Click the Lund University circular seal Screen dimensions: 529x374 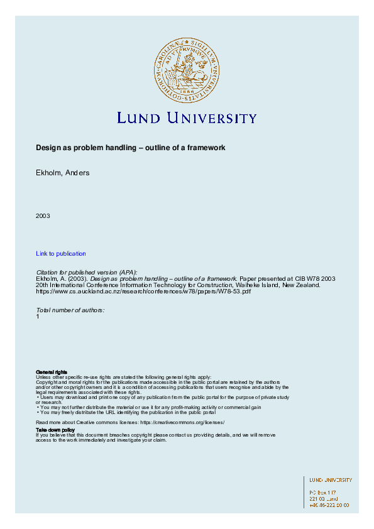[186, 69]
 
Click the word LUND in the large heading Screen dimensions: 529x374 [139, 118]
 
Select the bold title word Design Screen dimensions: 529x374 [47, 148]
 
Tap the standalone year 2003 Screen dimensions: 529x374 [43, 215]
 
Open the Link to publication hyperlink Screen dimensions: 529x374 [61, 253]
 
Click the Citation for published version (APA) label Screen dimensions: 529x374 [87, 272]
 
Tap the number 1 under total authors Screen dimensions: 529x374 [38, 317]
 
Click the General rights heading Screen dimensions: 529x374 [52, 372]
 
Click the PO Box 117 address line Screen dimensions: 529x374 [322, 492]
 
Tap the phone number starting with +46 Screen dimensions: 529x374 [329, 504]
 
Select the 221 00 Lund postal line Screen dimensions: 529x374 [323, 498]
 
